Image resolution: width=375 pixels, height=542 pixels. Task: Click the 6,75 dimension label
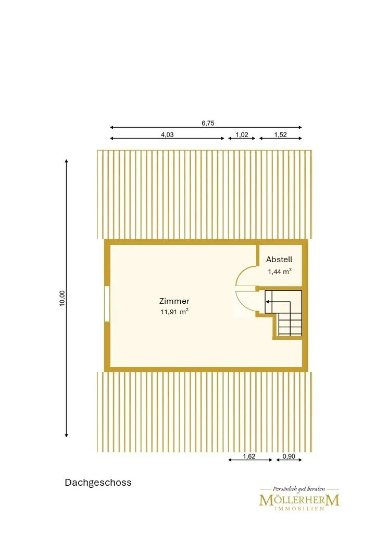point(208,123)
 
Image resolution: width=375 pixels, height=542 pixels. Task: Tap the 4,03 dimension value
point(167,135)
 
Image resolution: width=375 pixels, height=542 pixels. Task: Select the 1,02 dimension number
point(242,135)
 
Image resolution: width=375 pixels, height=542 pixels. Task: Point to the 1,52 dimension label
point(280,135)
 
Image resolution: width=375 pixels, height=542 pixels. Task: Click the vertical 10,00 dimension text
point(62,298)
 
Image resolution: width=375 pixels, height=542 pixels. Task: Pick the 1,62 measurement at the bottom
point(249,457)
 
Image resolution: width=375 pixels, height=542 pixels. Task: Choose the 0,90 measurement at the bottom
point(289,457)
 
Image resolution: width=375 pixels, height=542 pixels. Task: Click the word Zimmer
point(174,301)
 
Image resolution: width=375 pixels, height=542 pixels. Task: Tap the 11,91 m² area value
point(174,312)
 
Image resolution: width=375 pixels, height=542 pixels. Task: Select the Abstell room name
point(279,259)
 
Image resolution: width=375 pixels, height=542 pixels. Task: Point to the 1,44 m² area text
point(279,272)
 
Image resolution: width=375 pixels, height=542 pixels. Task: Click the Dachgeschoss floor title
point(98,483)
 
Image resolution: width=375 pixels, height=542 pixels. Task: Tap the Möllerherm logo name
point(299,500)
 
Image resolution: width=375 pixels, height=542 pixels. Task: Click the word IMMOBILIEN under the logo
point(299,509)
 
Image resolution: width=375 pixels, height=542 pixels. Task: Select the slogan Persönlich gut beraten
point(299,489)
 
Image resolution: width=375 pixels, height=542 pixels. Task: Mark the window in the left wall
point(107,304)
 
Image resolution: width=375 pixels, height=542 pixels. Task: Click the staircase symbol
point(283,313)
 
